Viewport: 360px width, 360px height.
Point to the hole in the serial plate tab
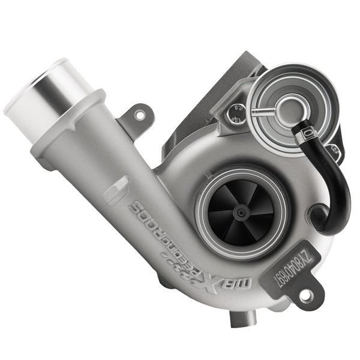[x=306, y=294]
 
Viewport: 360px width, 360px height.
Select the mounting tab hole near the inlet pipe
[x=140, y=113]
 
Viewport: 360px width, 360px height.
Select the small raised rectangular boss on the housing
[x=115, y=191]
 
